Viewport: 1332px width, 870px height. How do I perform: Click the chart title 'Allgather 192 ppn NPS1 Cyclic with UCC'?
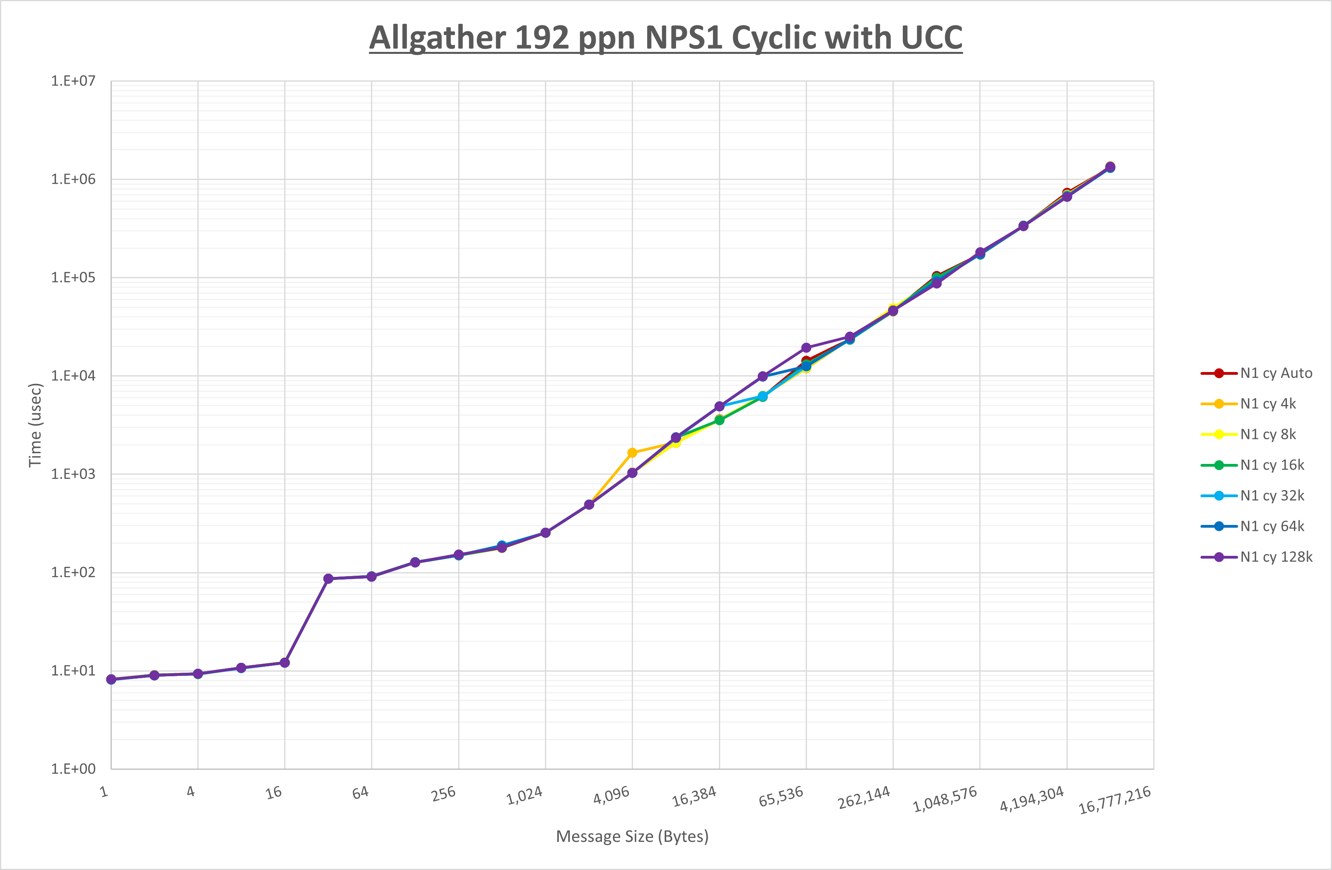tap(665, 38)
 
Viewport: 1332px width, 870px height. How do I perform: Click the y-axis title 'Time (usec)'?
tap(35, 425)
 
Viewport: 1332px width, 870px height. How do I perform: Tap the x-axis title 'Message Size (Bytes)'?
tap(632, 836)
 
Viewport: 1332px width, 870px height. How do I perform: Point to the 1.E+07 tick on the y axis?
tap(73, 81)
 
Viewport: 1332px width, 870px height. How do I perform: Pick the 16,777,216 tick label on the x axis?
tap(1114, 800)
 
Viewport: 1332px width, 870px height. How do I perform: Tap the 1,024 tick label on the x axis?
tap(524, 796)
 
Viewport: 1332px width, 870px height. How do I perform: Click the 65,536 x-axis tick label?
tap(781, 797)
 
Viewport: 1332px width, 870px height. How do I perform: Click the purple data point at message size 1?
tap(111, 679)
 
